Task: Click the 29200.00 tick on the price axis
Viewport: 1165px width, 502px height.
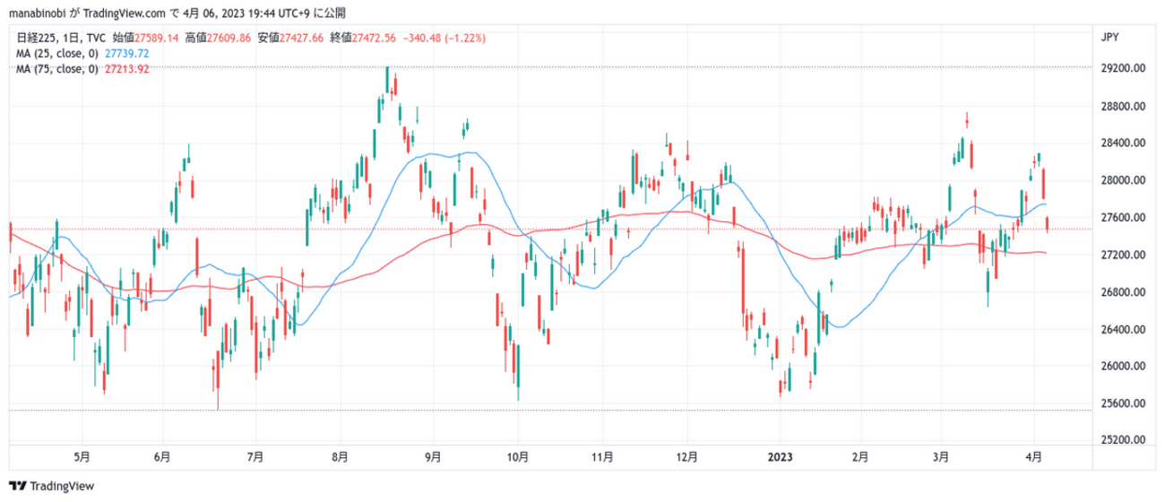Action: coord(1125,68)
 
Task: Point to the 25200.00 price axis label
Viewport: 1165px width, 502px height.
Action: coord(1125,440)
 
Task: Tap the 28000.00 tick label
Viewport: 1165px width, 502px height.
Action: coord(1125,180)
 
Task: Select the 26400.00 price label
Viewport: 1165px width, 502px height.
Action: coord(1125,329)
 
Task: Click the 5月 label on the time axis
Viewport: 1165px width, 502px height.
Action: coord(82,456)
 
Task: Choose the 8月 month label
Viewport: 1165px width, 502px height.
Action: coord(341,456)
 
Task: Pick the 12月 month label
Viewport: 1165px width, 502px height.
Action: coord(687,456)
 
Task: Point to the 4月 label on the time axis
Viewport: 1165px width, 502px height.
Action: coord(1033,456)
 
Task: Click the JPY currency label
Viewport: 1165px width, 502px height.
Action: coord(1109,37)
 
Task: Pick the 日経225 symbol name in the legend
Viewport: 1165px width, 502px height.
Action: coord(37,39)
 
